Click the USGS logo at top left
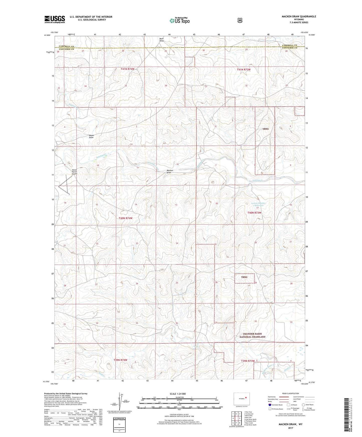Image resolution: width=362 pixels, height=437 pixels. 55,19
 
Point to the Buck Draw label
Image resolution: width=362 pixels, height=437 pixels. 162,40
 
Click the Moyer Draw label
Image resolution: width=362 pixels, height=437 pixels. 91,136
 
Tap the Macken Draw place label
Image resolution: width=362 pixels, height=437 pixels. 170,171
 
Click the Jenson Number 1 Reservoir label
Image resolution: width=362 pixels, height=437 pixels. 259,204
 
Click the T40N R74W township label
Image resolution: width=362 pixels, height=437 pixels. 126,218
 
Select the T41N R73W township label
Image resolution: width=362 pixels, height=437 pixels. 244,70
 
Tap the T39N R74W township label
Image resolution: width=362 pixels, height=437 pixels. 120,360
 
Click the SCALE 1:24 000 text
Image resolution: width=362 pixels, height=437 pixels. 178,394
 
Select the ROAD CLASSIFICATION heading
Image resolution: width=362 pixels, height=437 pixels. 290,393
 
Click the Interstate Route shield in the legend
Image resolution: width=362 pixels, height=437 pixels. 270,405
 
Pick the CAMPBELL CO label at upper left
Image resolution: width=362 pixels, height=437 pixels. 66,46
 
